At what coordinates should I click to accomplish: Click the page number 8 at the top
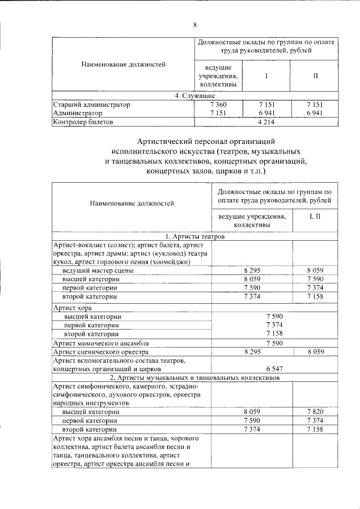click(195, 25)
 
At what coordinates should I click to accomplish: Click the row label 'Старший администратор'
click(91, 105)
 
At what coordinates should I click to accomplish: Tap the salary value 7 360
click(218, 105)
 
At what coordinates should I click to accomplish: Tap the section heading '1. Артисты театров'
click(195, 237)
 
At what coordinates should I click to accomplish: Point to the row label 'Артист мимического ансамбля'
click(100, 343)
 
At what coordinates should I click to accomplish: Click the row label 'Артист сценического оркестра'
click(100, 352)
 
